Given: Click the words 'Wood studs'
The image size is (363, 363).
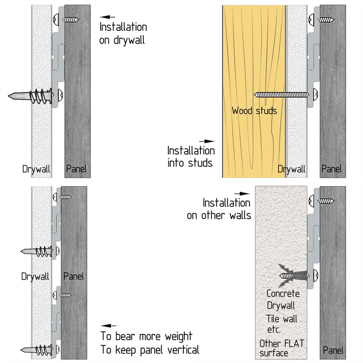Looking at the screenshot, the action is click(254, 111).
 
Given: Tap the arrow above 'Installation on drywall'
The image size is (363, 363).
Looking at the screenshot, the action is click(108, 17).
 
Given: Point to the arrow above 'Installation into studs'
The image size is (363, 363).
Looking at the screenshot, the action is click(206, 141).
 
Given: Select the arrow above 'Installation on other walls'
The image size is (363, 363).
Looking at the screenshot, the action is click(242, 194).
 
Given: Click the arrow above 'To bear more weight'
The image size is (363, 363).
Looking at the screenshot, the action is click(108, 326).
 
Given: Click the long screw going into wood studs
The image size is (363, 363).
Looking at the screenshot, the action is click(281, 94).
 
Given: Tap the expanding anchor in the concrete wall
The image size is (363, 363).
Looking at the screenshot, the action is click(294, 275).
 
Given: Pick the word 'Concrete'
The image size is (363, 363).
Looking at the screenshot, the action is click(283, 294).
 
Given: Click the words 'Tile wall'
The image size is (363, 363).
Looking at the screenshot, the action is click(281, 319).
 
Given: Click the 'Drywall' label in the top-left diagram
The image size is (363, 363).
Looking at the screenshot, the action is click(36, 169).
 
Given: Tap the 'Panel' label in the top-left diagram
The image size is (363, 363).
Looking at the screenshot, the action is click(76, 168).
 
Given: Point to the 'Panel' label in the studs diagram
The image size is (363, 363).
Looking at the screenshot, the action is click(331, 168).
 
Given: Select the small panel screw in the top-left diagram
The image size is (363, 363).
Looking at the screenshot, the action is click(71, 20).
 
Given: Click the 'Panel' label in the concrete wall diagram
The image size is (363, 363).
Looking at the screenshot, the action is click(333, 350).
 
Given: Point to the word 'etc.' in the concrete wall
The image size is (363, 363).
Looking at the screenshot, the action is click(274, 329).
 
